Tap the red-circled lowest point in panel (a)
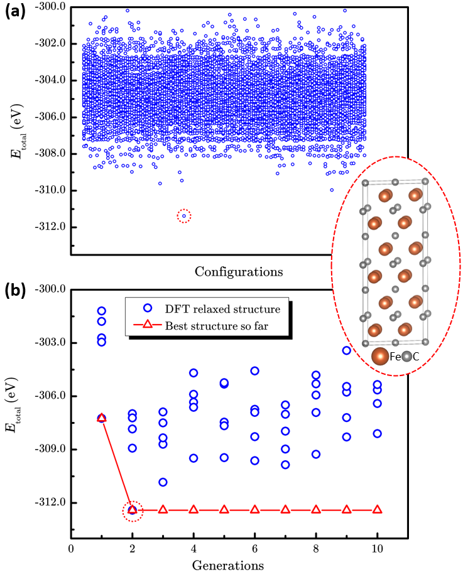pos(184,216)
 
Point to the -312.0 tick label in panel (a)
pos(51,227)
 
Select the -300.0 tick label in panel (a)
pos(51,6)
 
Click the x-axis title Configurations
pos(238,272)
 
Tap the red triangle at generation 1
pos(102,418)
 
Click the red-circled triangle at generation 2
pos(133,509)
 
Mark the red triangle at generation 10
pos(378,509)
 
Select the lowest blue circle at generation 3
pos(163,482)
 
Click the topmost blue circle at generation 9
pos(347,350)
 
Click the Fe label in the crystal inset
pos(395,357)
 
